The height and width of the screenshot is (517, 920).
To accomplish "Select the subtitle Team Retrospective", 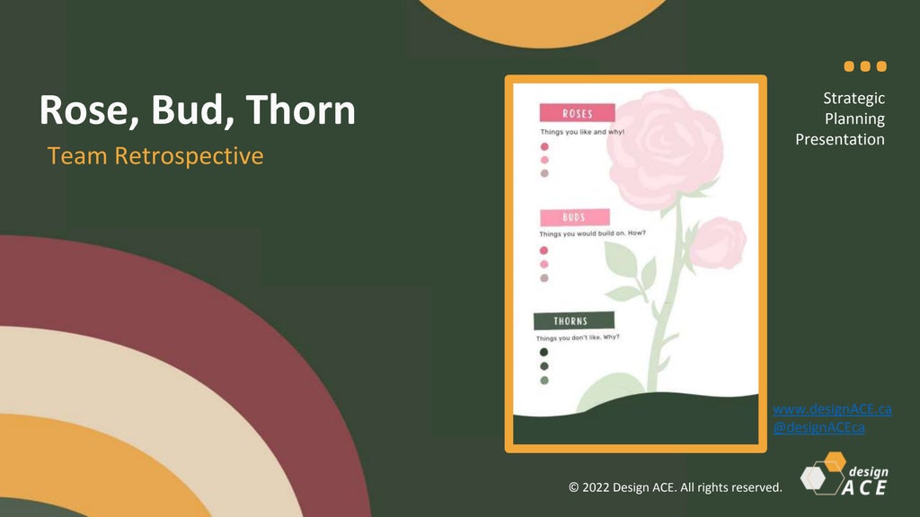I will pos(155,155).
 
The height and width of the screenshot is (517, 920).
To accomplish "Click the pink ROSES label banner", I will pos(577,113).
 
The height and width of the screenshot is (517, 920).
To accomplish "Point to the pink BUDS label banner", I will pos(574,217).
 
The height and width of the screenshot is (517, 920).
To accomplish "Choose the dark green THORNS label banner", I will pos(573,320).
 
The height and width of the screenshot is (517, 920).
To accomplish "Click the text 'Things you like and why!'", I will pos(581,132).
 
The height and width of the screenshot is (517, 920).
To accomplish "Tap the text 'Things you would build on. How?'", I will pos(592,234).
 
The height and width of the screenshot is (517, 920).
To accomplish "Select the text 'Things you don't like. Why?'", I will pos(578,337).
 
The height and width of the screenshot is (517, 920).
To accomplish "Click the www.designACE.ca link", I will pos(832,409).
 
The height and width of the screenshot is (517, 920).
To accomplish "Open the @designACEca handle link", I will pos(818,427).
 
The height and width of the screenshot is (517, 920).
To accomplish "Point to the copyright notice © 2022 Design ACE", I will pos(676,487).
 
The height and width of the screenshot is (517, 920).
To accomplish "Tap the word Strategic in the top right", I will pos(854,99).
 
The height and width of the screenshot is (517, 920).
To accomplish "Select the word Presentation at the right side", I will pos(840,139).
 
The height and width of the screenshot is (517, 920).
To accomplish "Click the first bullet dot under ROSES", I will pos(544,146).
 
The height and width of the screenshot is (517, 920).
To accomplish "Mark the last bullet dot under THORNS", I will pos(544,381).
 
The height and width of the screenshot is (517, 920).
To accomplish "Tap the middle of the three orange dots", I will pos(865,66).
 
